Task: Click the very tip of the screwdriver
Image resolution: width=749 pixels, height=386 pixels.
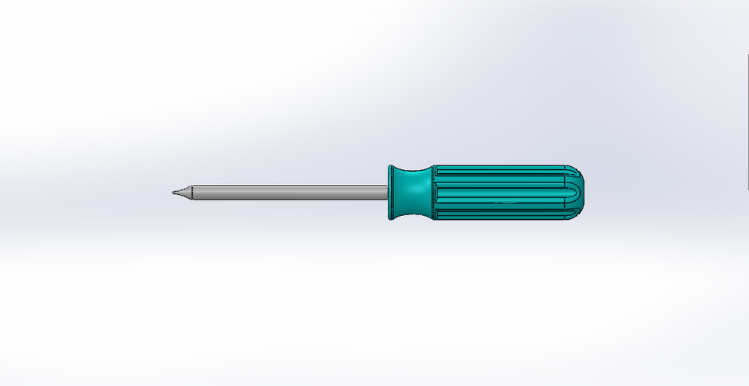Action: pos(172,193)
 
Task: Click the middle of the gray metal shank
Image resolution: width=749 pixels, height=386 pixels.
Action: pos(289,193)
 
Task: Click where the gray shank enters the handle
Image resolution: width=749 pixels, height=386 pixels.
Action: pos(388,193)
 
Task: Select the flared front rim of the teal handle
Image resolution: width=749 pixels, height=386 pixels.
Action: pos(392,193)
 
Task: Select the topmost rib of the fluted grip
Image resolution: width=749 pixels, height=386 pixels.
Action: pos(499,168)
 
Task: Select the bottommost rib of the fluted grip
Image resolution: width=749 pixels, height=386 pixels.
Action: pos(499,218)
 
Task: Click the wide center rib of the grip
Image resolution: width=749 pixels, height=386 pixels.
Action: pos(499,193)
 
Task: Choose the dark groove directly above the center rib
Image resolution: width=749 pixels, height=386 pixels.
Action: pos(499,184)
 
